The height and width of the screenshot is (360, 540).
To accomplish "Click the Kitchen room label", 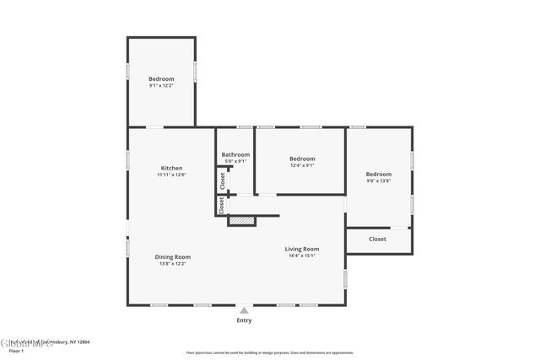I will pos(171,168).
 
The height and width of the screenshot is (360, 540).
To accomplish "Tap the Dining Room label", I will pos(172,256).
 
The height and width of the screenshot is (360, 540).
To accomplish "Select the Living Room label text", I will pos(301,249).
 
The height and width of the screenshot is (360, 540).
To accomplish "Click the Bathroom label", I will pos(235,154).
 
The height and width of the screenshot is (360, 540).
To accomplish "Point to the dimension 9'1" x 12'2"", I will pos(161,86).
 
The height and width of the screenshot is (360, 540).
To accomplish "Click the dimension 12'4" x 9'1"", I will pos(302,165).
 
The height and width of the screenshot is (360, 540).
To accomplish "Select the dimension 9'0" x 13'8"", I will pos(379,180).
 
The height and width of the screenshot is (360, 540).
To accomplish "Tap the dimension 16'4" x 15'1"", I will pos(301,255).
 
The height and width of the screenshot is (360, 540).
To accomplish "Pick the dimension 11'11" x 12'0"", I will pos(171,175).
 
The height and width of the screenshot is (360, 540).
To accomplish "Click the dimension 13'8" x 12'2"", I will pos(172,263).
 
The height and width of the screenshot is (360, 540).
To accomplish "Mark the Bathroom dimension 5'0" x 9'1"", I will pos(235,161).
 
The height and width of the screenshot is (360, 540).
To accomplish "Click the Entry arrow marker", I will pos(244,310).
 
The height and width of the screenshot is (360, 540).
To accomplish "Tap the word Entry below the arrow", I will pos(244,320).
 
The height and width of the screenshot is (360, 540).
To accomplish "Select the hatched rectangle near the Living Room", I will pos(242,221).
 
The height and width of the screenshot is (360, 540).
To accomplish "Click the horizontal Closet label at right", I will pos(377,239).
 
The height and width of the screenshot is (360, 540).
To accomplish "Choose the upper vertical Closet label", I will pos(223,180).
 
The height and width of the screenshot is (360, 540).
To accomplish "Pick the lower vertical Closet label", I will pos(222,205).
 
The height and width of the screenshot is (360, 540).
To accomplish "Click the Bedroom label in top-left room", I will pos(161,78).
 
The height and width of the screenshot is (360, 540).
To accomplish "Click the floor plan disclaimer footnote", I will pos(270,352).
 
